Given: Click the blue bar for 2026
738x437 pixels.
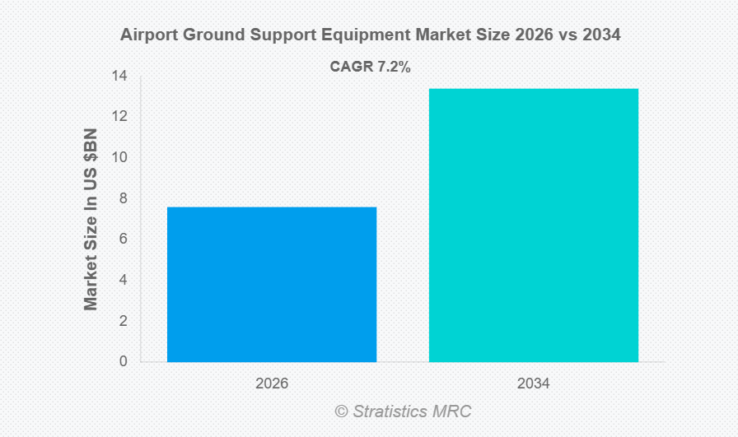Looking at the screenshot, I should [271, 284].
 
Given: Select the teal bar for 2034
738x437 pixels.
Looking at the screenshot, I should [533, 225].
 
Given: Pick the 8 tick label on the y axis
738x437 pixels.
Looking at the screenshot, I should [123, 198].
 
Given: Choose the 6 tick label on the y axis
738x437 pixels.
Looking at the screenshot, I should [123, 239].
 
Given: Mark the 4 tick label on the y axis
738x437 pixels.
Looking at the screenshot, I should [123, 280].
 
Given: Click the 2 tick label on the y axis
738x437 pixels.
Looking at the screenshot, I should [123, 321].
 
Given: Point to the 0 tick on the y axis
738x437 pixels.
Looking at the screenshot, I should [123, 361].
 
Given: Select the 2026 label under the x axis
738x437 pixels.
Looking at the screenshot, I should [271, 384].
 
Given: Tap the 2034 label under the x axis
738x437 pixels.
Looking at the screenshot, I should [533, 384].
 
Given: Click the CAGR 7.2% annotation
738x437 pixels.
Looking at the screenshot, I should [370, 67].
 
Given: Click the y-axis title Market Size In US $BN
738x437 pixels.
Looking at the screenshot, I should [91, 219].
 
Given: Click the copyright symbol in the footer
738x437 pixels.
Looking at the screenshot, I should [341, 411].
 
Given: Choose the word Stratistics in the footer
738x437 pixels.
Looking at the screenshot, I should [391, 411].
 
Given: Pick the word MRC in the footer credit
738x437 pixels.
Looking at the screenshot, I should [452, 411].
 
